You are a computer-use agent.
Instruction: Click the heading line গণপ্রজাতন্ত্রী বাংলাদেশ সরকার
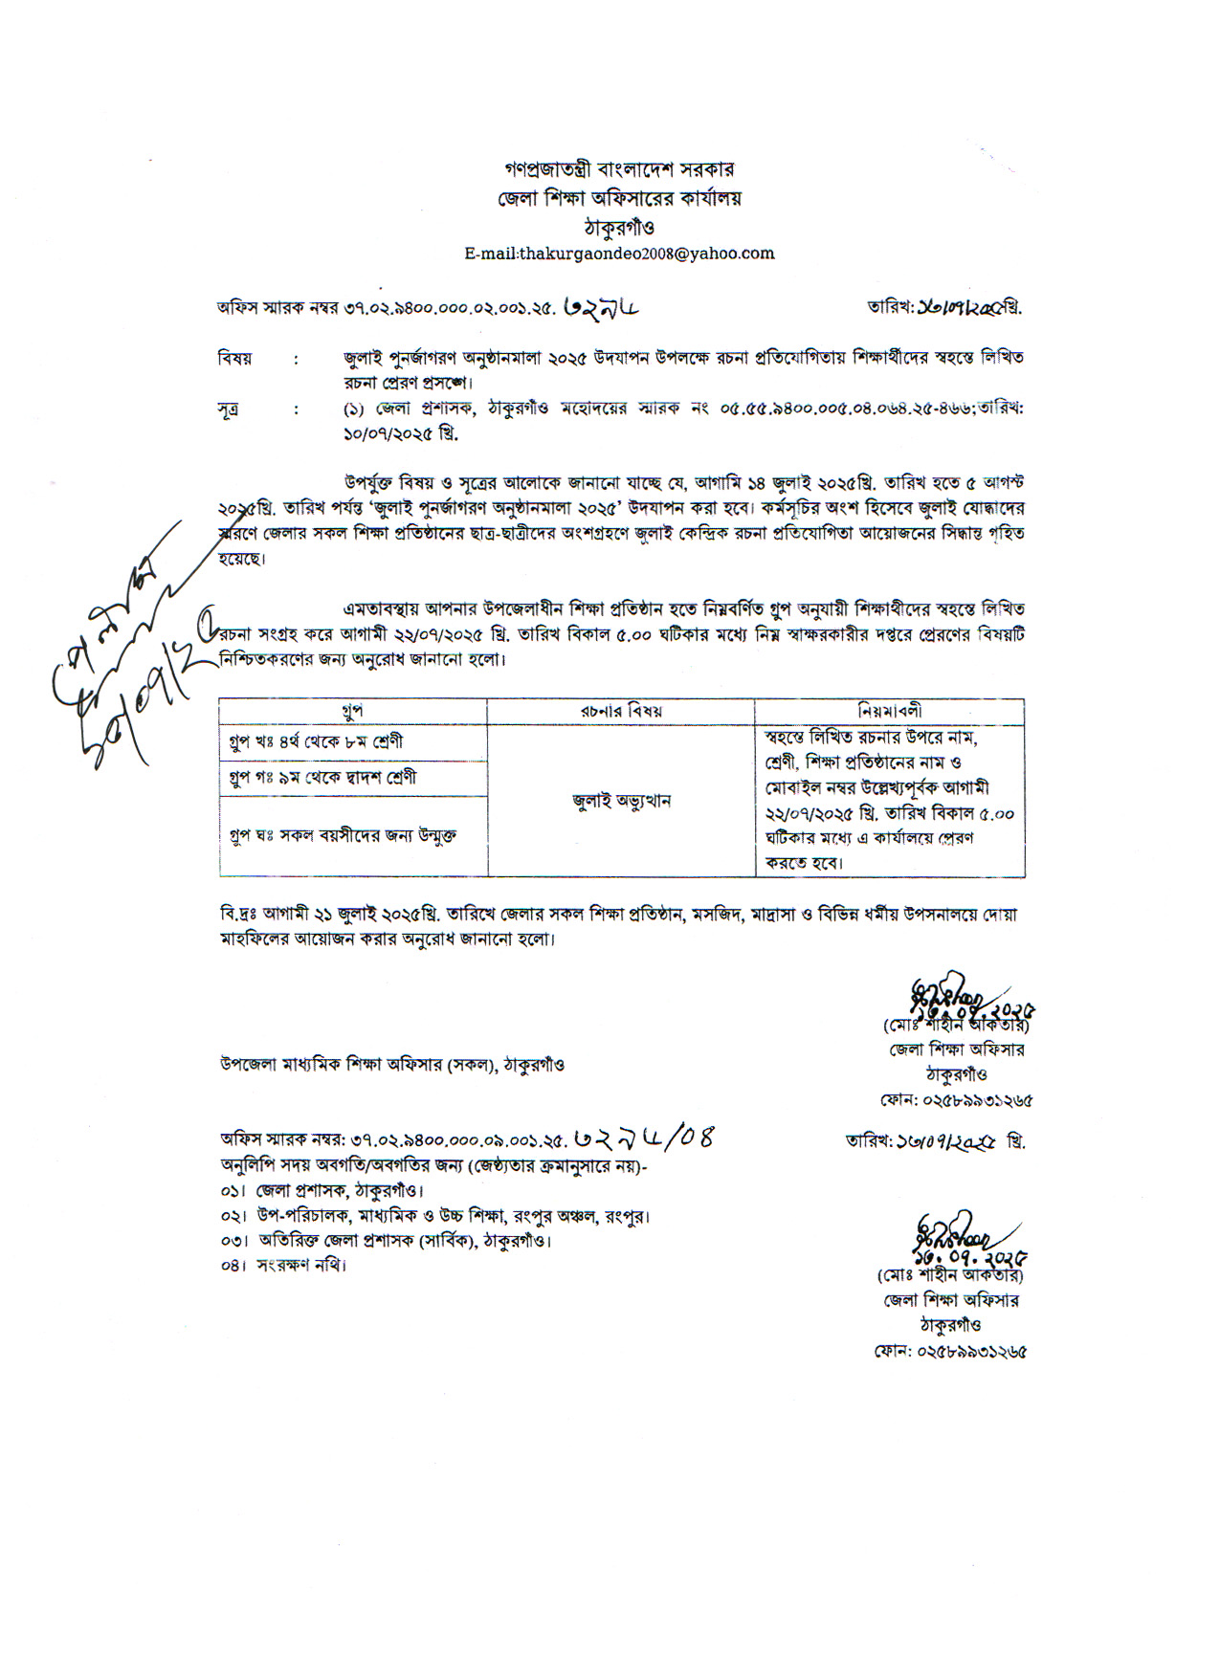pos(619,169)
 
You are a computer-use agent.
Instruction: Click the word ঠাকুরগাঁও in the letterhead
pos(619,228)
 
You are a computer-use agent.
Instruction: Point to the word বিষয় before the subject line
pos(234,359)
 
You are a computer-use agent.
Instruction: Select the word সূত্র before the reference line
pos(228,409)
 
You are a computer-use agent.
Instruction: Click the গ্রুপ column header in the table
pos(352,711)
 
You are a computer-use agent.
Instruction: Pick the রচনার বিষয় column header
pos(620,711)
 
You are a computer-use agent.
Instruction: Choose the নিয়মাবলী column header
pos(889,711)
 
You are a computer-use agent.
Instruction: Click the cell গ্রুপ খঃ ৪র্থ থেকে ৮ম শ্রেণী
pos(316,741)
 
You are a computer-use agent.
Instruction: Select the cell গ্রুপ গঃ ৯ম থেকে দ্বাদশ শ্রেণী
pos(323,777)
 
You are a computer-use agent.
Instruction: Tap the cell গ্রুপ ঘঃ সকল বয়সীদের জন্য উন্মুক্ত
pos(343,834)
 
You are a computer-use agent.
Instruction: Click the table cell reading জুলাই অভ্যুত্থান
pos(621,801)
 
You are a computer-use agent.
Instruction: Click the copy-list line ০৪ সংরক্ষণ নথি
pos(283,1265)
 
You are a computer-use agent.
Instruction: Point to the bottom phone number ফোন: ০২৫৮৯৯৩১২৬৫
pos(950,1353)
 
